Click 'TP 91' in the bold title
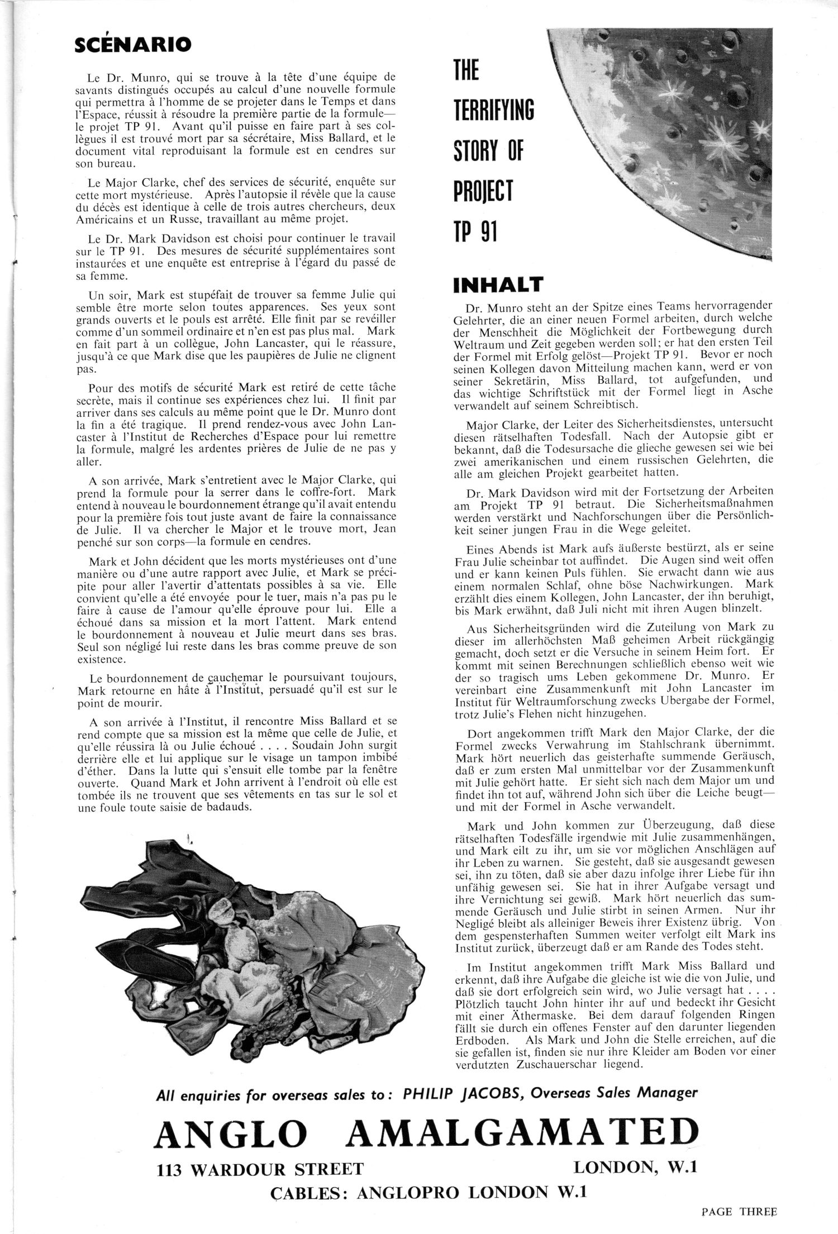pos(474,231)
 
